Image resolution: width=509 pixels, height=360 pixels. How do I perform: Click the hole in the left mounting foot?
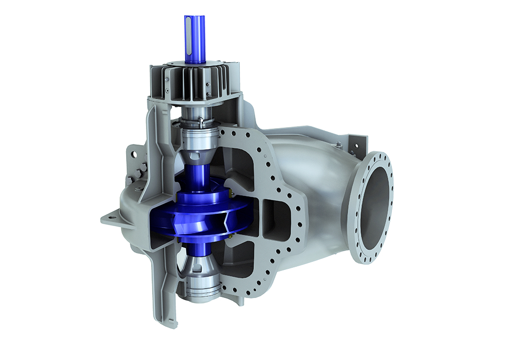112,217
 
